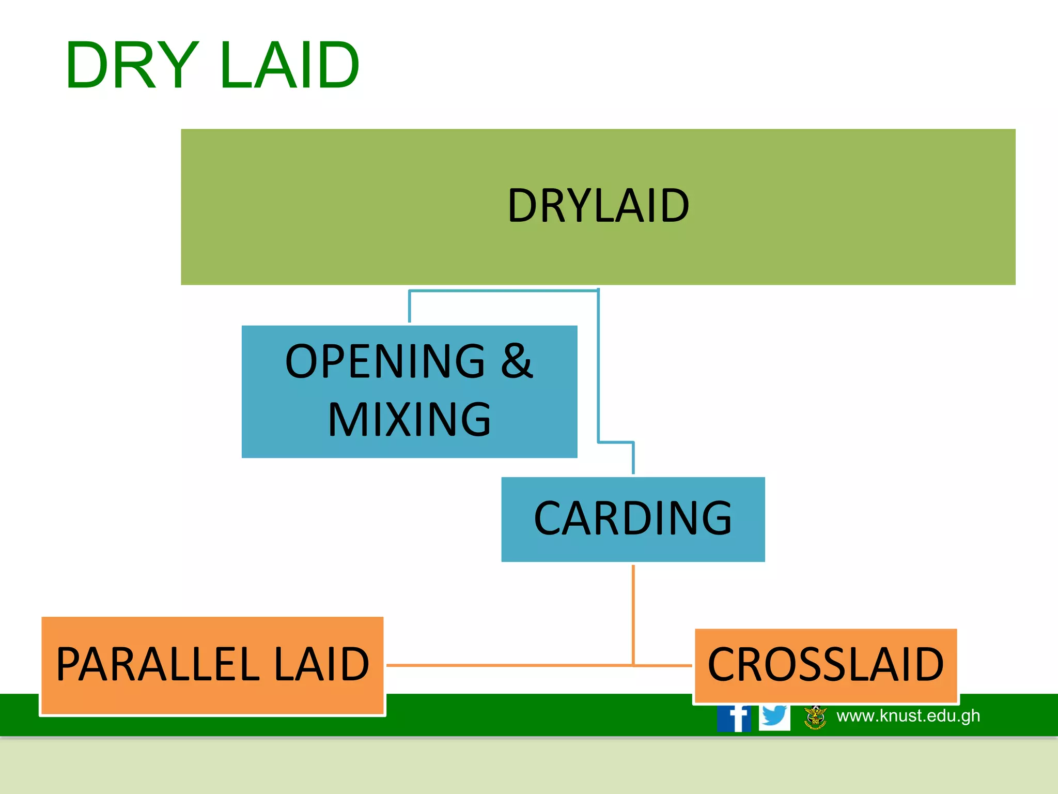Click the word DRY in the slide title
click(132, 66)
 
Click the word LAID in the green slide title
click(289, 66)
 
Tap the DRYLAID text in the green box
click(598, 206)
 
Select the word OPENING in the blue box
click(385, 361)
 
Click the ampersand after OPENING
click(516, 361)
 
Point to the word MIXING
click(409, 420)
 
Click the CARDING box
click(633, 519)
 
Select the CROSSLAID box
click(826, 665)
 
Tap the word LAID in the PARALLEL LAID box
click(321, 665)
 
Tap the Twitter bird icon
click(774, 717)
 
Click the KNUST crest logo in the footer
click(816, 717)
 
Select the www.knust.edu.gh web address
click(908, 716)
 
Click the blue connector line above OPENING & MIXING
click(501, 291)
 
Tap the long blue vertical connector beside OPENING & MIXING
click(598, 367)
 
